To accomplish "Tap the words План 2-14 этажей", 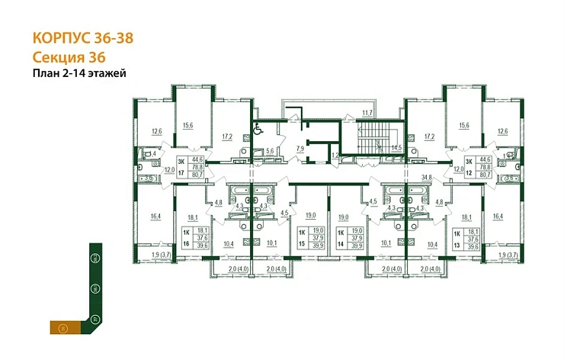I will point(79,73).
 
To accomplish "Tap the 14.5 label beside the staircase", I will point(396,147).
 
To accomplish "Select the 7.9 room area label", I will point(300,147).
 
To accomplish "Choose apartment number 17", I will point(181,173).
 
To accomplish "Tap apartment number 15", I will point(301,243).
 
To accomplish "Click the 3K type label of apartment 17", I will point(181,162).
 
